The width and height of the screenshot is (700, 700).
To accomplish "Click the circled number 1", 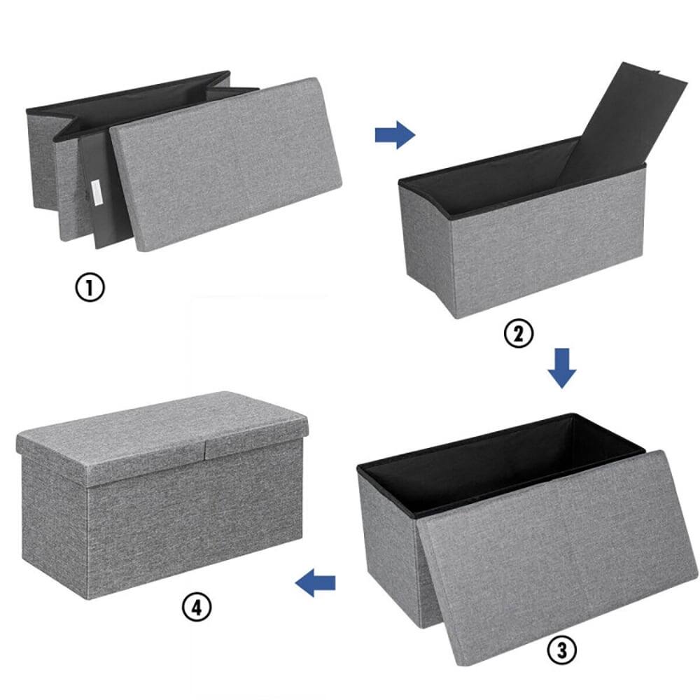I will tap(90, 288).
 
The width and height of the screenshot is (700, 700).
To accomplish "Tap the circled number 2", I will tap(518, 334).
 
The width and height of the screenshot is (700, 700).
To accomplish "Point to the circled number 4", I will tap(197, 606).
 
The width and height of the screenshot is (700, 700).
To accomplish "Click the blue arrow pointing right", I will tap(395, 134).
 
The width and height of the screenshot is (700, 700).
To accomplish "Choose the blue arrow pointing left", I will tap(316, 582).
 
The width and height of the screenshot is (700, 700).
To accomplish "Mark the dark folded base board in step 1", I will tap(105, 196).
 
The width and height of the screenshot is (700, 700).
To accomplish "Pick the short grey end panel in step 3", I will tap(388, 546).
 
